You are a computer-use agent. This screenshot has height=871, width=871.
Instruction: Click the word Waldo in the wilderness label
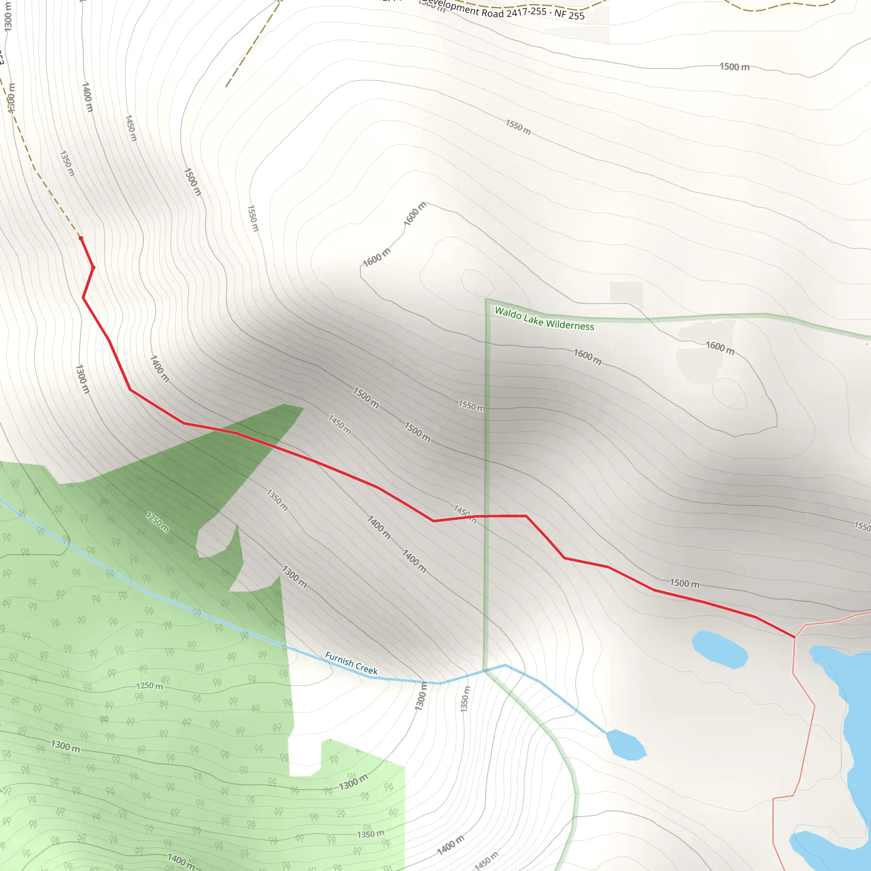(x=508, y=313)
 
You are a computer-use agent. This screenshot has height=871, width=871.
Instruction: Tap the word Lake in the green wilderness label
(x=534, y=320)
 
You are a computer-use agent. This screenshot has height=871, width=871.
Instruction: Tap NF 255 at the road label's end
(x=569, y=14)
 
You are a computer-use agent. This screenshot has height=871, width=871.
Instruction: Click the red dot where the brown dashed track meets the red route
(x=81, y=238)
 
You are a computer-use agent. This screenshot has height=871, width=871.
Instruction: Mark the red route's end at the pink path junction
(x=795, y=637)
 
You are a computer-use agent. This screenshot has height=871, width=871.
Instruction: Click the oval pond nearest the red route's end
(x=720, y=649)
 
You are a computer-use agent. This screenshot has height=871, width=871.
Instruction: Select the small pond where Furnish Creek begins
(x=626, y=745)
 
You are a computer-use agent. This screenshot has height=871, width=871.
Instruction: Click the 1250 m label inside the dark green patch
(x=157, y=521)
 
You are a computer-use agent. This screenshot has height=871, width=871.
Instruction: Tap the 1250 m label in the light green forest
(x=150, y=686)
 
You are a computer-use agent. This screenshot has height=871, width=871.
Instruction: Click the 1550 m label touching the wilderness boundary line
(x=472, y=406)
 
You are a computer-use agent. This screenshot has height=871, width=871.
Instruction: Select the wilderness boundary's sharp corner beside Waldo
(x=486, y=300)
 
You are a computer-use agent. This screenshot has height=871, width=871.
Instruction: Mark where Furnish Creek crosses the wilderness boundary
(x=485, y=670)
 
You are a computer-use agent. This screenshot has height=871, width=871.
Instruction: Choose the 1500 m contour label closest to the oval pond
(x=684, y=584)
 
